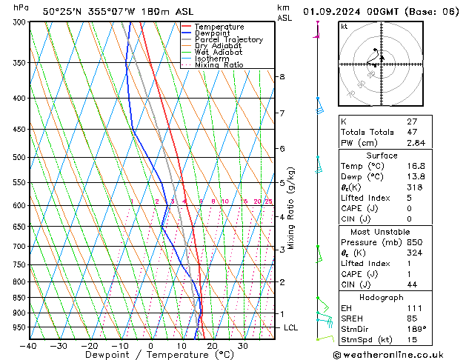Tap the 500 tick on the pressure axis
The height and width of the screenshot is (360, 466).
(x=19, y=157)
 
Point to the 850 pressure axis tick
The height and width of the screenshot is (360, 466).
(x=19, y=298)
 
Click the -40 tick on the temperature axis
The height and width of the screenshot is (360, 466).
(x=29, y=346)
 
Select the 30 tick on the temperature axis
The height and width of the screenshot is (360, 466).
(x=242, y=346)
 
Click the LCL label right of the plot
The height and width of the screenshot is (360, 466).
(x=291, y=327)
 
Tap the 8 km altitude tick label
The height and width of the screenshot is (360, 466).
(x=282, y=77)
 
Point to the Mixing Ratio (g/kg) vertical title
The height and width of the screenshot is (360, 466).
(x=291, y=208)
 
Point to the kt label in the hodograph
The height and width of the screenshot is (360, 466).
(x=344, y=27)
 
